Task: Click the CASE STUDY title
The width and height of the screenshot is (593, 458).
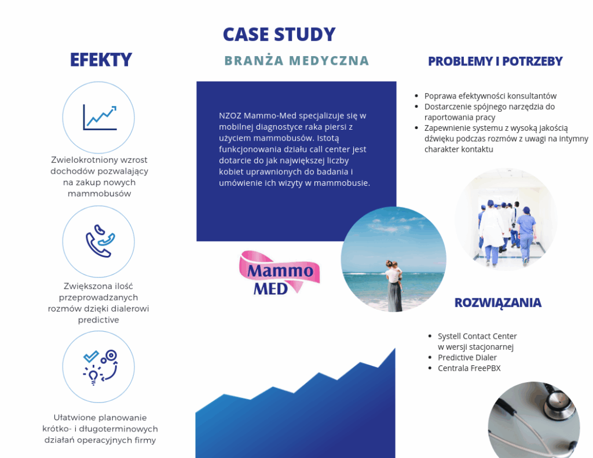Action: [x=279, y=34]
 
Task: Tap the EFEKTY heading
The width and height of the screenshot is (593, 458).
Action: [x=101, y=60]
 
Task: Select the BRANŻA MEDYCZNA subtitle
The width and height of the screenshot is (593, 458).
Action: [x=296, y=61]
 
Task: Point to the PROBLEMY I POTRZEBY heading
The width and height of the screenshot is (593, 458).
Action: [x=495, y=61]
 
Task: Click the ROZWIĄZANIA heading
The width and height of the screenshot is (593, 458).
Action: [x=497, y=303]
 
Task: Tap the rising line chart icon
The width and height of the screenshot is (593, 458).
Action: [x=100, y=117]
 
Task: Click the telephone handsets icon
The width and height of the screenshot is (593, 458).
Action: [x=100, y=241]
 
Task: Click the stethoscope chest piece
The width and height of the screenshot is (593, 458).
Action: [x=558, y=404]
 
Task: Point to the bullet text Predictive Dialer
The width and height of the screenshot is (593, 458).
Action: [x=467, y=357]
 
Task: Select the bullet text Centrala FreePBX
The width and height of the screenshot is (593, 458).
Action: [x=469, y=368]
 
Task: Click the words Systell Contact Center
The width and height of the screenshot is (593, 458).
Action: [x=477, y=336]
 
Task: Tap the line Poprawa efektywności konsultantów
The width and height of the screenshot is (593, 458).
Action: [x=490, y=96]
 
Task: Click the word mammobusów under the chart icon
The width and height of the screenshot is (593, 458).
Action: [x=99, y=193]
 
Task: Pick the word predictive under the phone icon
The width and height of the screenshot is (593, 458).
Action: [x=98, y=320]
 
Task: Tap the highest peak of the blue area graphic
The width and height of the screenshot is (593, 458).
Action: [x=395, y=349]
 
